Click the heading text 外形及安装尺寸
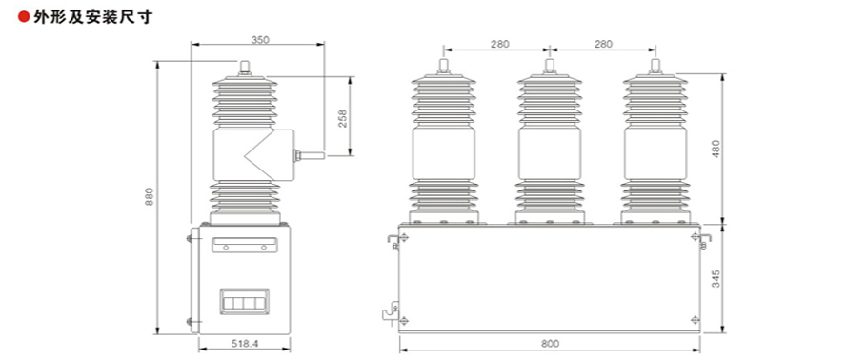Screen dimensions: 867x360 pos(91,17)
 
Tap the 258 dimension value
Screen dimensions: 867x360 pos(342,119)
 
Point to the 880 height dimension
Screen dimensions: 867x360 pos(150,197)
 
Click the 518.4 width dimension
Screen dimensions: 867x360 pos(245,343)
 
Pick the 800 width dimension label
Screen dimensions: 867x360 pos(550,344)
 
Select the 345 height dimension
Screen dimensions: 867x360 pos(716,279)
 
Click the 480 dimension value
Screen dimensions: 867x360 pos(716,150)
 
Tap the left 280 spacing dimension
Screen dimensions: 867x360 pos(500,44)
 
